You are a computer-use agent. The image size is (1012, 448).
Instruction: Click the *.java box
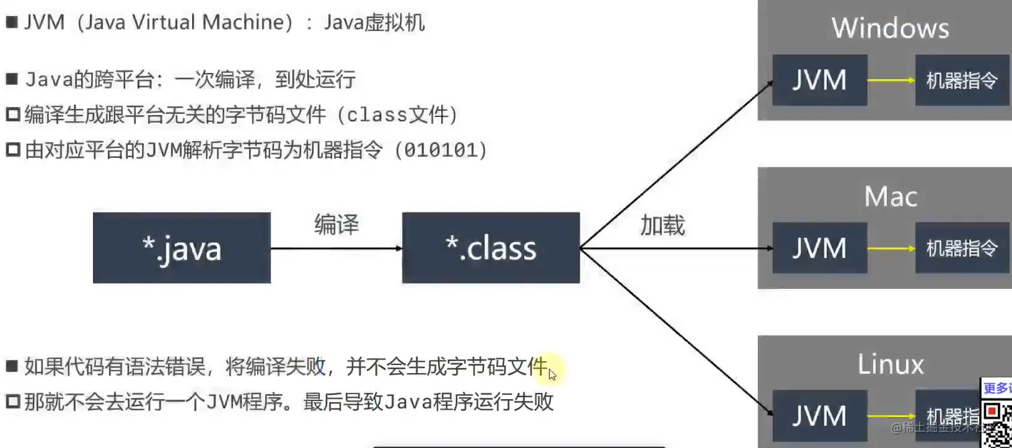pos(181,248)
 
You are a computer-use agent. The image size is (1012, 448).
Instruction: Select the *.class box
pos(491,248)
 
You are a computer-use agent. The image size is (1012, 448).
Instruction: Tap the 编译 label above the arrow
pos(337,225)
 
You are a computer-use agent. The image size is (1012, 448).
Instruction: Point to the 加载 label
pos(663,226)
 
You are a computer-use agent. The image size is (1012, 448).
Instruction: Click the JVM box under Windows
pos(819,80)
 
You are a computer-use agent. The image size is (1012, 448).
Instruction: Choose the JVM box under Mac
pos(819,248)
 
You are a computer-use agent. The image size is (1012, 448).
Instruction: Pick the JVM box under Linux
pos(819,416)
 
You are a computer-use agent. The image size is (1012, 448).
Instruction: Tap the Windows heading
pos(890,28)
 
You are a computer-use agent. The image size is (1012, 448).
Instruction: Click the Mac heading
pos(890,197)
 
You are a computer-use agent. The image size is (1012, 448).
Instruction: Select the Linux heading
pos(890,364)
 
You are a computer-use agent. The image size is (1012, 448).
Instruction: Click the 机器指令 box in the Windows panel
pos(962,80)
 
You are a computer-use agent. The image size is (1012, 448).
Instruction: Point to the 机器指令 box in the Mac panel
pos(962,248)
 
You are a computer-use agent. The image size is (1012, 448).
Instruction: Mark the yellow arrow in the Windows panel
pos(892,80)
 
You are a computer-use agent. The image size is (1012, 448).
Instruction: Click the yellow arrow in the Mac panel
pos(892,248)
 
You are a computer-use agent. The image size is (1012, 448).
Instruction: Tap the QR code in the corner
pos(997,418)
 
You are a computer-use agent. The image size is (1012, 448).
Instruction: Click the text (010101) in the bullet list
pos(441,150)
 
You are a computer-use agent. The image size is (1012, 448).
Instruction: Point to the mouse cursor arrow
pos(552,374)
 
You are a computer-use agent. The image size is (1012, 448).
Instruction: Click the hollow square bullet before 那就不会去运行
pos(13,403)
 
